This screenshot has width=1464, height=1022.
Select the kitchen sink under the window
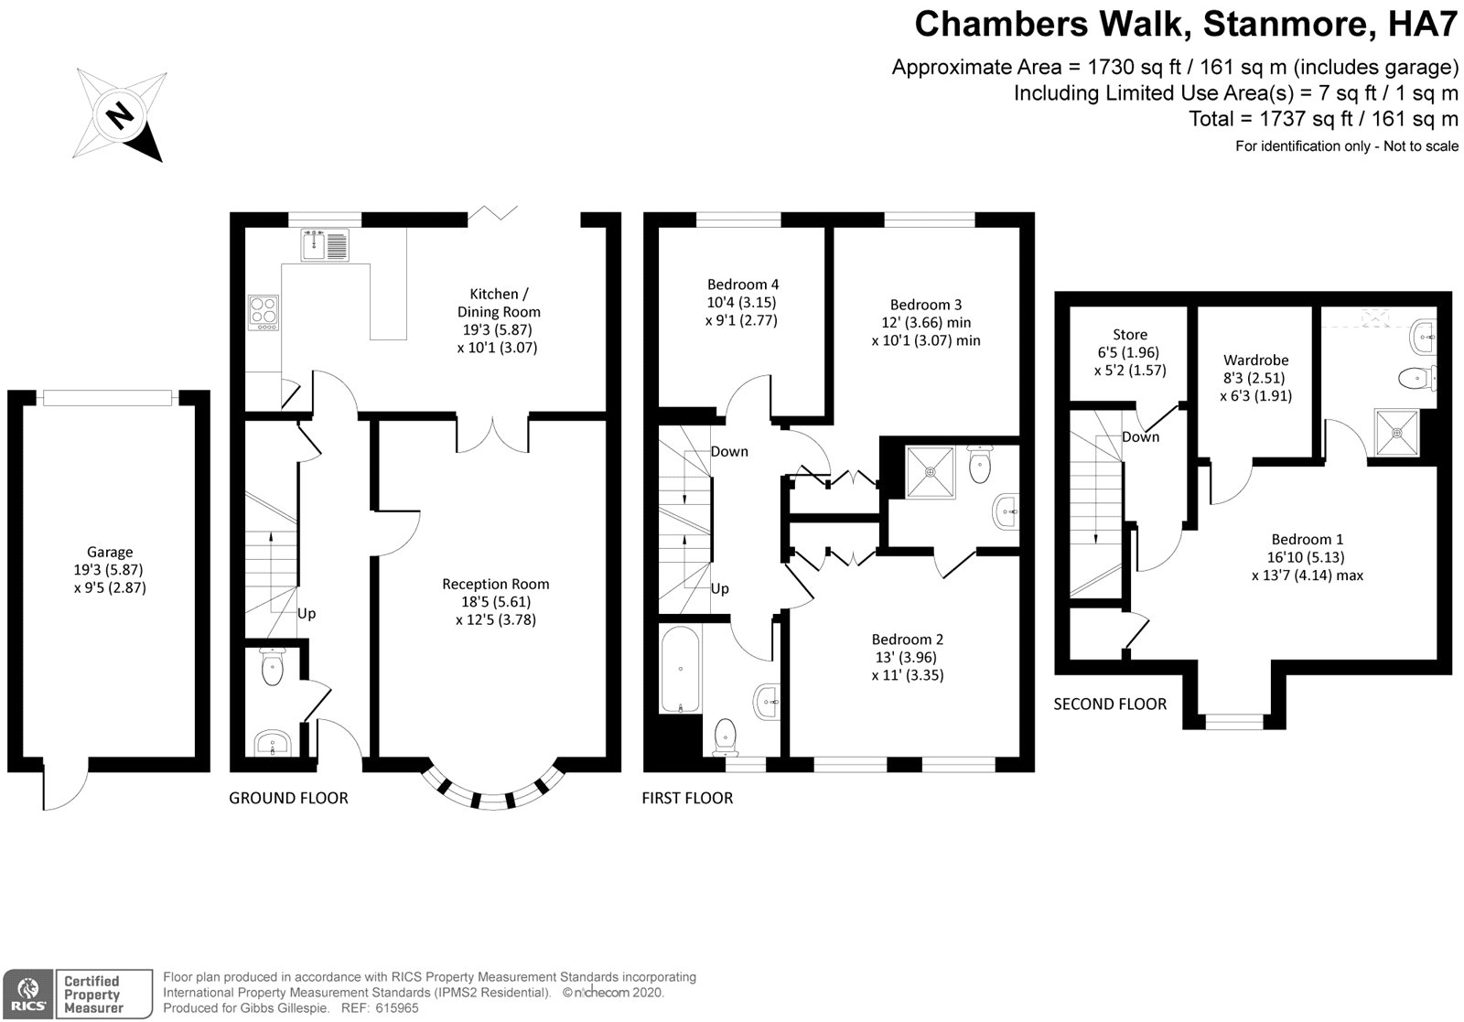pos(323,245)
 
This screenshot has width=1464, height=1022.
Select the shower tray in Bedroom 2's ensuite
pos(931,472)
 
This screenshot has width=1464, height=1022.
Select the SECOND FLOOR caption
pos(1110,704)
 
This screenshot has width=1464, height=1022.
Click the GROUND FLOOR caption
pos(288,798)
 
